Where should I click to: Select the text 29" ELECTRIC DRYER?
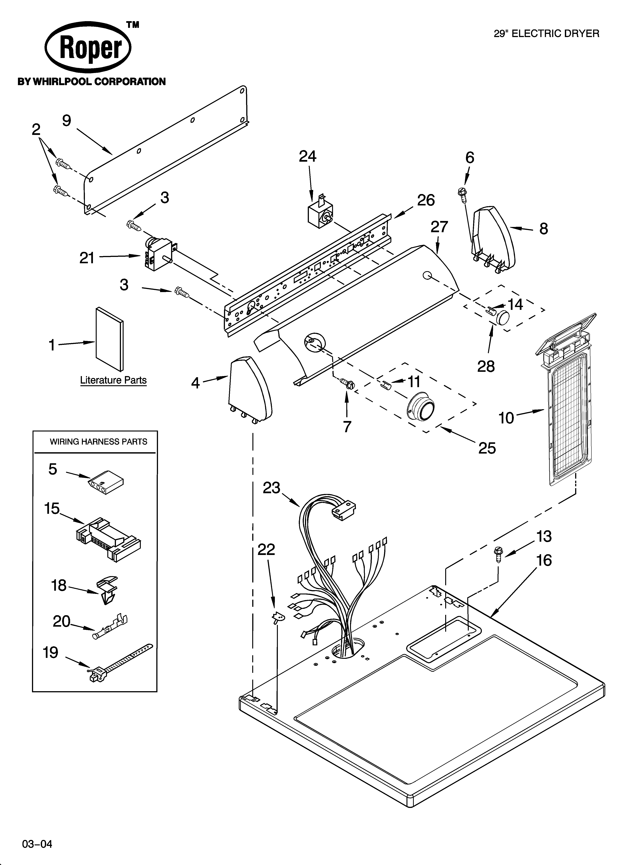pos(546,34)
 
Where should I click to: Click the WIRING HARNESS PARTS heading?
pos(98,442)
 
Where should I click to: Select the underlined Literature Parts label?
pos(113,380)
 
